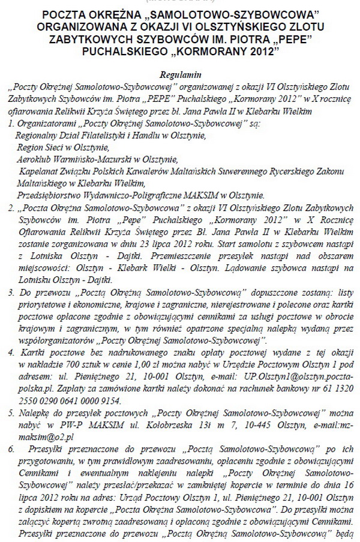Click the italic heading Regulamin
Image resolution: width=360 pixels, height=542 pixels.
click(179, 76)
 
